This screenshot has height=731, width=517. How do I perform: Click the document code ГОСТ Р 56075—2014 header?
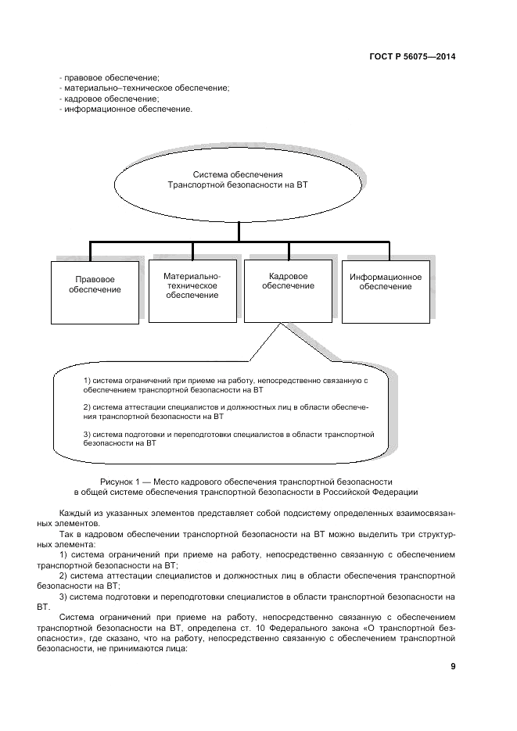pyautogui.click(x=411, y=56)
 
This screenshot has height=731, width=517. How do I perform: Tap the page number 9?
pyautogui.click(x=453, y=666)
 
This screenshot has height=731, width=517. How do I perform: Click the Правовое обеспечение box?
pyautogui.click(x=95, y=285)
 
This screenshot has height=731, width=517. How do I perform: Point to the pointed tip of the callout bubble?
pyautogui.click(x=278, y=324)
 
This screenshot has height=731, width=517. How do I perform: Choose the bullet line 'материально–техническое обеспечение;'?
pyautogui.click(x=144, y=88)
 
